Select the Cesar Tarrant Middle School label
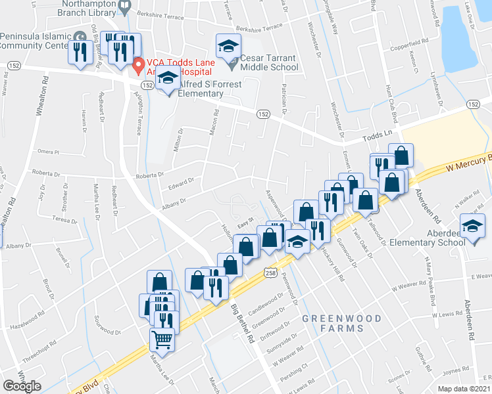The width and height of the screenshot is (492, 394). [268, 62]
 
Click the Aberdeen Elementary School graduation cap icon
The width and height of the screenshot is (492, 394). [472, 227]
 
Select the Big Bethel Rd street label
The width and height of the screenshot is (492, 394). [241, 322]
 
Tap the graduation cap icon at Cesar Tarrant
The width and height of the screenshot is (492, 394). [228, 45]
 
